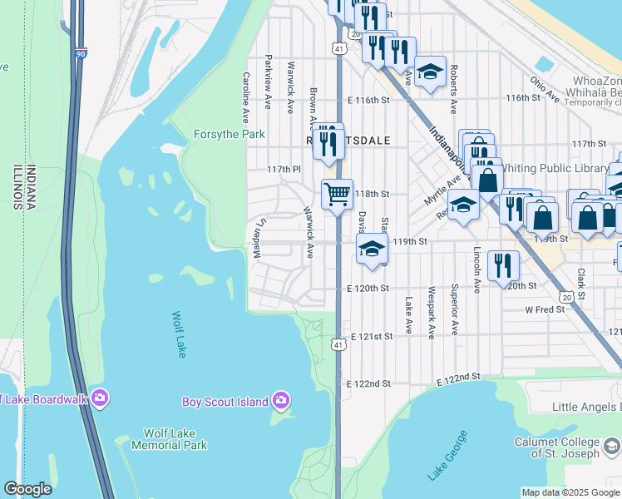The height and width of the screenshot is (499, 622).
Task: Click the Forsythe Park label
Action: (229, 134)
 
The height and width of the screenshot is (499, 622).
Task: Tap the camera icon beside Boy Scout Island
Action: (281, 401)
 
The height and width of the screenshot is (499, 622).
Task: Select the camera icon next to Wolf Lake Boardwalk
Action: (100, 398)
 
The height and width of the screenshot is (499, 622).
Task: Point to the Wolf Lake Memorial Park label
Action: (175, 439)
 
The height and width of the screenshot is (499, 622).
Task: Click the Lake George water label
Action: (447, 455)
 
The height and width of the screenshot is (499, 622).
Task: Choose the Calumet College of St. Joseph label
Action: (567, 447)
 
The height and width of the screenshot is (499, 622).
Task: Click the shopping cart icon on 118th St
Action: (337, 194)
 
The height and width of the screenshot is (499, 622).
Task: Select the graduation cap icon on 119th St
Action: (372, 248)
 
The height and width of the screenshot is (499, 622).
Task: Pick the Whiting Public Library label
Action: (565, 168)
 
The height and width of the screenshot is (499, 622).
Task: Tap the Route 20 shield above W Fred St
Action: (566, 297)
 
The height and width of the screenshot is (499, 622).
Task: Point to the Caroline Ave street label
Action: (246, 96)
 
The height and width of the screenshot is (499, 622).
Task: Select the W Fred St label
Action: (545, 309)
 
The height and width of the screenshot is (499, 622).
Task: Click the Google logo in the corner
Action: (27, 489)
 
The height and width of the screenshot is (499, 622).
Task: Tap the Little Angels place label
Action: (588, 407)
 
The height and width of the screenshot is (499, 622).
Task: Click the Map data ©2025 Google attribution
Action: (570, 492)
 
